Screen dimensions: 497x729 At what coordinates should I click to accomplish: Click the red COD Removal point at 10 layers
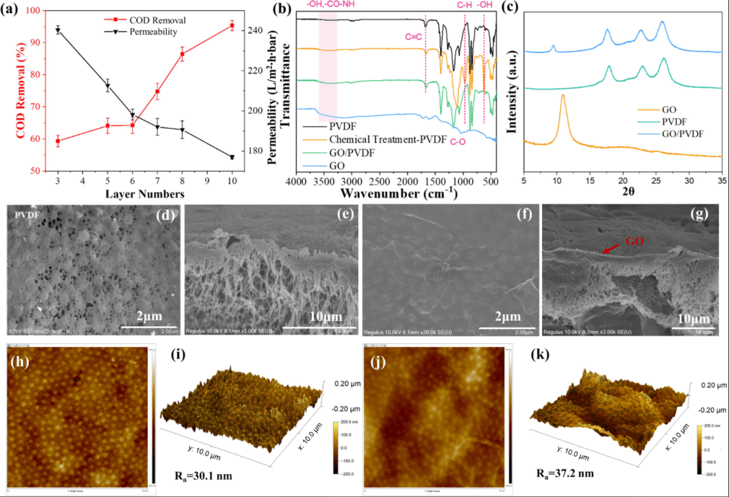click(232, 26)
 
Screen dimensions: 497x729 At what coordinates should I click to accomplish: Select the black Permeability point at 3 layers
click(58, 30)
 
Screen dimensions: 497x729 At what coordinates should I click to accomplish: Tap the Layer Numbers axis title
click(145, 194)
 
